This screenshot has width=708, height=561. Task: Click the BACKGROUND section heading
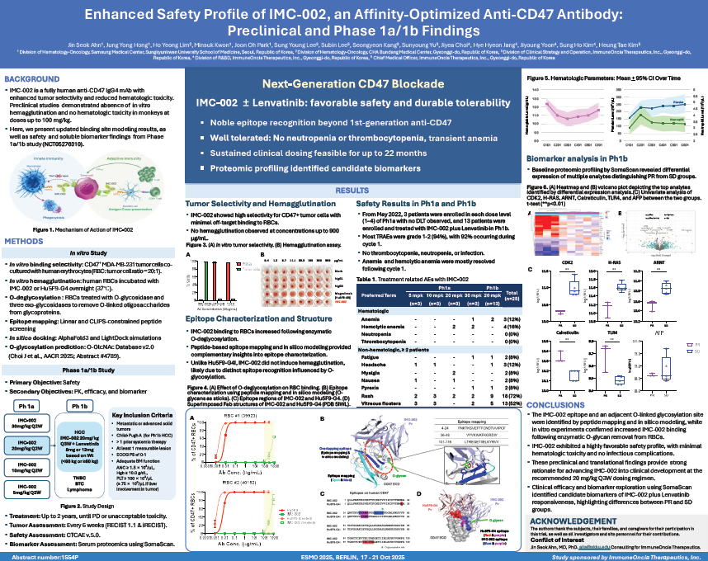[31, 79]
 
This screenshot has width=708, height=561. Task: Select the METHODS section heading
[27, 241]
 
